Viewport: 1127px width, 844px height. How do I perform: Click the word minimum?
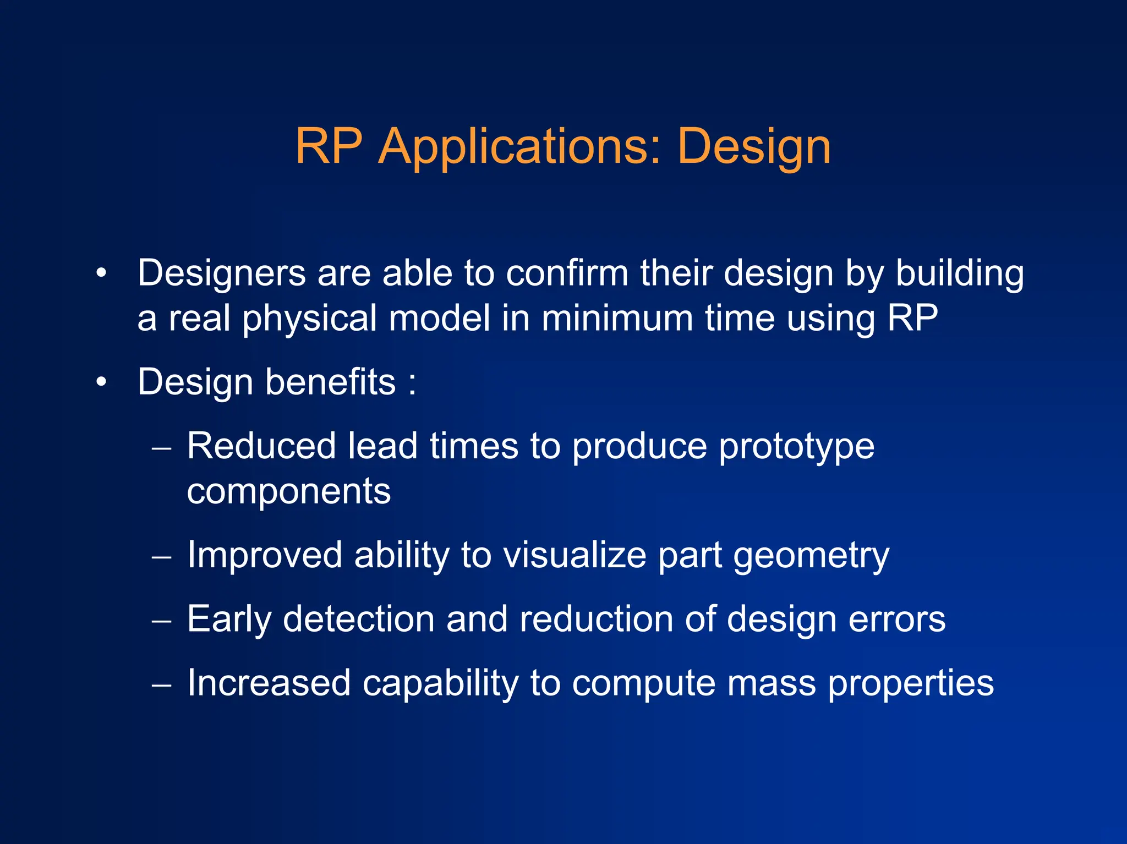tap(616, 319)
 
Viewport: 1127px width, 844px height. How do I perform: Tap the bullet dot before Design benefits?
tap(101, 382)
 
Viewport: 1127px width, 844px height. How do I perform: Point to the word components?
tap(288, 491)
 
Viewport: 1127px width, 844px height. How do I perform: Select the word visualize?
tap(575, 555)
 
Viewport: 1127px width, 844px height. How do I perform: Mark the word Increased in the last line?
tap(269, 683)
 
